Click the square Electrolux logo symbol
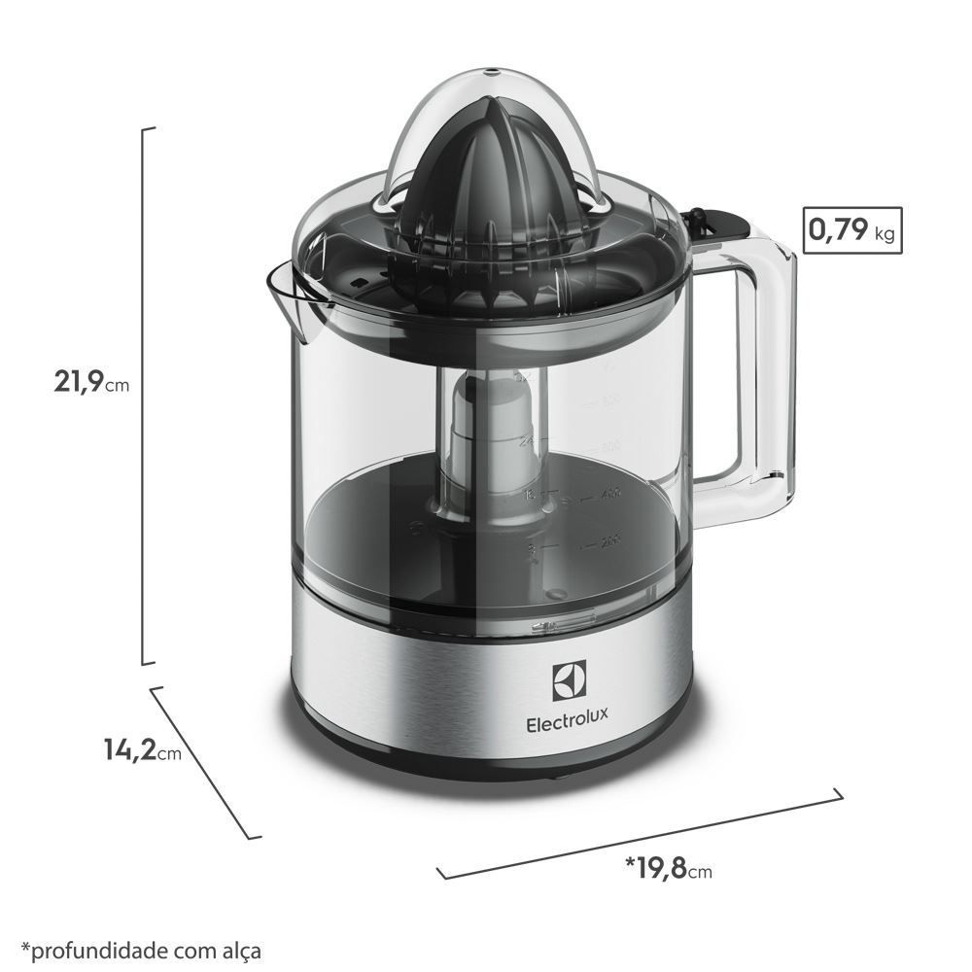click(568, 681)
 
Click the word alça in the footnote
click(240, 948)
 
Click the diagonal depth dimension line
click(206, 762)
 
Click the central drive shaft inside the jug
click(496, 437)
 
